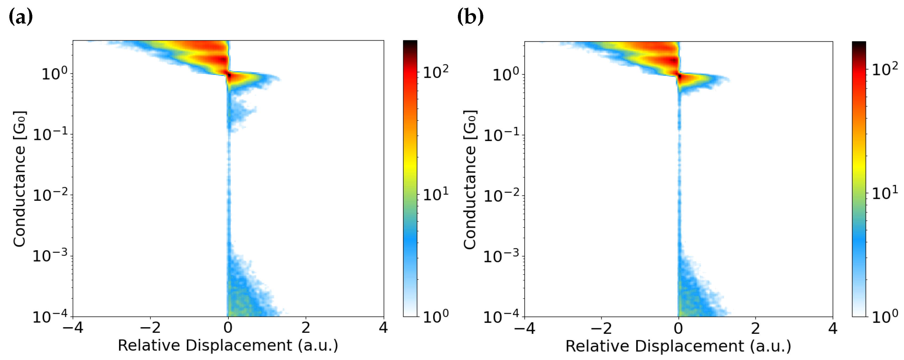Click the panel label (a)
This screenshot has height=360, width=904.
click(x=20, y=17)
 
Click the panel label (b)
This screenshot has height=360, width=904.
click(x=470, y=17)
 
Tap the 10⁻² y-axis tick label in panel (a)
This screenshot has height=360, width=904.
click(x=50, y=195)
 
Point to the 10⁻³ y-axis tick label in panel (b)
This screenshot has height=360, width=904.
click(x=501, y=256)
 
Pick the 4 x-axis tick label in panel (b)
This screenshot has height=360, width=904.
click(x=832, y=329)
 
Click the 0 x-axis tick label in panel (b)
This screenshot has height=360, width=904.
click(x=678, y=329)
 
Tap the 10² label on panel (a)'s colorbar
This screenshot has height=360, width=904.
click(x=435, y=72)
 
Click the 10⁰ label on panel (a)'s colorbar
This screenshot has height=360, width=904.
click(x=435, y=316)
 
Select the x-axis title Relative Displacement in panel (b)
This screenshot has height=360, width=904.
click(x=678, y=346)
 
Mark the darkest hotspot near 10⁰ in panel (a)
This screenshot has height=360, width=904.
click(x=229, y=75)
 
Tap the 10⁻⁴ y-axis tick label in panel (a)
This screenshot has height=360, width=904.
click(x=50, y=316)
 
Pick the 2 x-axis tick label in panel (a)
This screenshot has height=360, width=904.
click(x=306, y=328)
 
